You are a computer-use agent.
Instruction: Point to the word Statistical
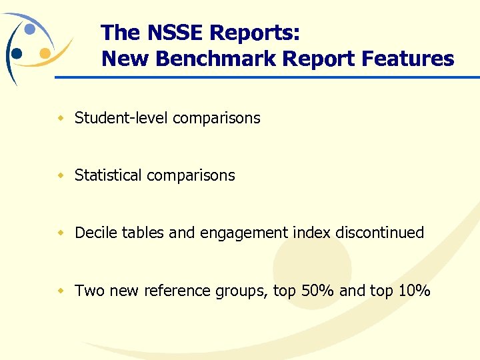pyautogui.click(x=108, y=175)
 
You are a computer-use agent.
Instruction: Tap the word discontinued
pyautogui.click(x=379, y=233)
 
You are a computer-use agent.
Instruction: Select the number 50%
pyautogui.click(x=317, y=291)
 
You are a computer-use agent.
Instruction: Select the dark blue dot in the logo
pyautogui.click(x=17, y=53)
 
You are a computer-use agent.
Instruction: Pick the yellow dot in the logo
pyautogui.click(x=44, y=53)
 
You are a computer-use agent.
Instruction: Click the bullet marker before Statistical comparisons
pyautogui.click(x=60, y=175)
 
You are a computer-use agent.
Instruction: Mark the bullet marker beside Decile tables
pyautogui.click(x=60, y=233)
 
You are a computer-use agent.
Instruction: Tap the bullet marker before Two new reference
pyautogui.click(x=60, y=291)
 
